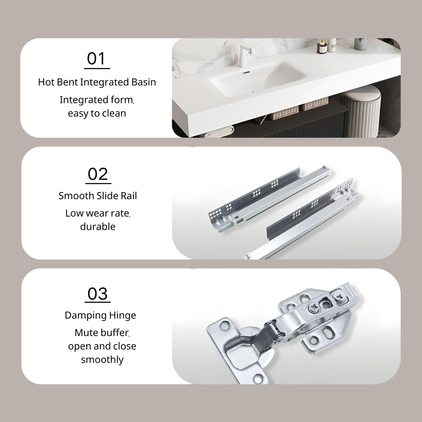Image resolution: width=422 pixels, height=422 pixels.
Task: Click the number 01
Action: [x=96, y=59]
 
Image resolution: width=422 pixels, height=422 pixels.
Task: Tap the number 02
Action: [x=98, y=174]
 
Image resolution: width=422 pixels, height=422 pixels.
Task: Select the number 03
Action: [x=98, y=294]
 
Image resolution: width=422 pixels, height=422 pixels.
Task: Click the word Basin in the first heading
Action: [x=143, y=82]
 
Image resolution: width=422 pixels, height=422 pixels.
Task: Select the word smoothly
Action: [x=102, y=360]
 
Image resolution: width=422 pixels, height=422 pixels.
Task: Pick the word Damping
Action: [x=85, y=316]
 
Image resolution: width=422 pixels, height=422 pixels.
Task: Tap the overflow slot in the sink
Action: [x=246, y=72]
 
